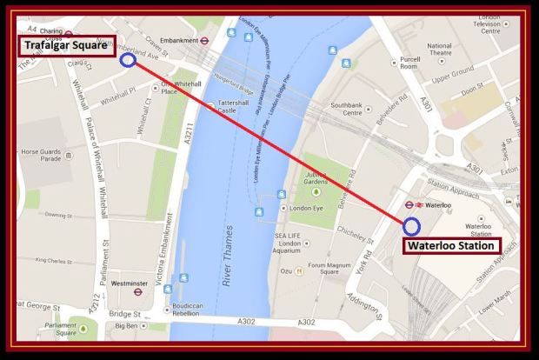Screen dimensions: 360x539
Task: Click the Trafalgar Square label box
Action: [68, 45]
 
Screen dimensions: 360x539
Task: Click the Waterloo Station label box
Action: [453, 245]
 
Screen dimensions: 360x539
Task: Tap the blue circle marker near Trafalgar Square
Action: [128, 60]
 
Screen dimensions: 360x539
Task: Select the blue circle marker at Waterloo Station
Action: [412, 226]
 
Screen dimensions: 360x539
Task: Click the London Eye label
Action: [307, 209]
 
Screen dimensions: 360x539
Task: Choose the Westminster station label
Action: [130, 283]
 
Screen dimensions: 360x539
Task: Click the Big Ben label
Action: [133, 326]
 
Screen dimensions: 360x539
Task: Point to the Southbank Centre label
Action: [340, 110]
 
